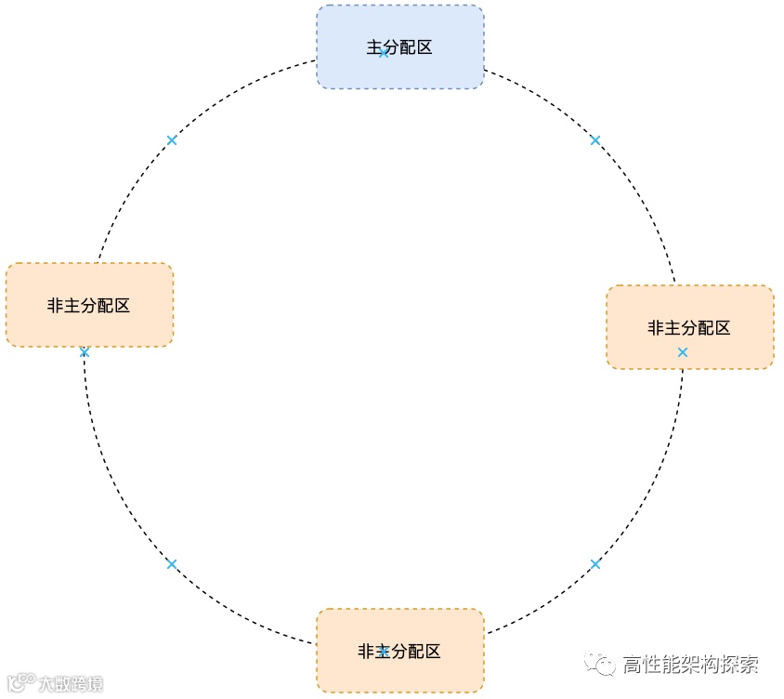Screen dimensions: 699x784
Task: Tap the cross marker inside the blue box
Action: [x=384, y=53]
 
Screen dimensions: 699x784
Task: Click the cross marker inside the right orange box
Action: [x=683, y=352]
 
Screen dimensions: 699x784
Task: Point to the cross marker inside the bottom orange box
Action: [x=384, y=652]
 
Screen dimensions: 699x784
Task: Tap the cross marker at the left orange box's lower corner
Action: [x=85, y=352]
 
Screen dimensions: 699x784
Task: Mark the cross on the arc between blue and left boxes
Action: [x=172, y=140]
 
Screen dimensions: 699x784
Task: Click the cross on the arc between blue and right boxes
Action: [x=595, y=140]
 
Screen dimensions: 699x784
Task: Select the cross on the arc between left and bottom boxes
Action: [x=172, y=564]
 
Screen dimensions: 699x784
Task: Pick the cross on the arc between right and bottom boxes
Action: [x=595, y=564]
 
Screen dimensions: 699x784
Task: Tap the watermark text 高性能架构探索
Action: [x=690, y=665]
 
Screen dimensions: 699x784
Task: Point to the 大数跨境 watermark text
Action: [x=71, y=684]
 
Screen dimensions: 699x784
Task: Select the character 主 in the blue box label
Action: [x=374, y=47]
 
